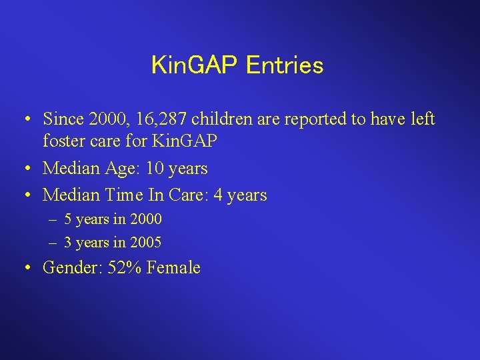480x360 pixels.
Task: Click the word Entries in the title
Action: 285,65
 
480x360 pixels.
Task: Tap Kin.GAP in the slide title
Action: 196,65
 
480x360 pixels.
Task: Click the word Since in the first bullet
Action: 62,119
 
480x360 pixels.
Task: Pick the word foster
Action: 62,141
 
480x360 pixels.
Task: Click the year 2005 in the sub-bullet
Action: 146,242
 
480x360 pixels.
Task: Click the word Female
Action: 173,268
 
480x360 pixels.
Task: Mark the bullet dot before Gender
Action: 24,268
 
